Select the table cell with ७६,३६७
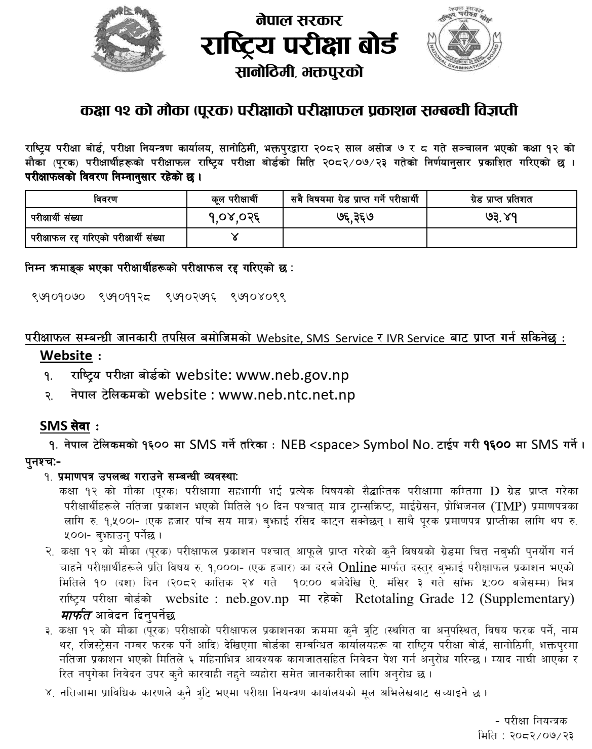tap(354, 218)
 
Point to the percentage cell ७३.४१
tap(501, 218)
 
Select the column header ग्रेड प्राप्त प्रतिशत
tap(501, 200)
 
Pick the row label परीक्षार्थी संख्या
tap(56, 218)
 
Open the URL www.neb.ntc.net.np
tap(287, 395)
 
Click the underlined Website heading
tap(66, 356)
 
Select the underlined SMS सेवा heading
tap(65, 427)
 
